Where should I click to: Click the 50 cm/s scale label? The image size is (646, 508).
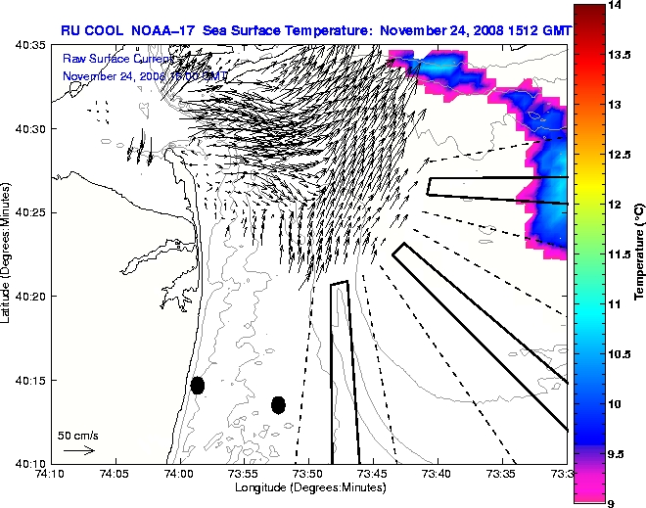point(78,435)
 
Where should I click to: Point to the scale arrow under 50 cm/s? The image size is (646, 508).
point(78,450)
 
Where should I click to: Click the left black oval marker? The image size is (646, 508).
point(198,385)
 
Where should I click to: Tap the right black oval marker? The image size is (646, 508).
point(278,404)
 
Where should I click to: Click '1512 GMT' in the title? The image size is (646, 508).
point(534,31)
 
